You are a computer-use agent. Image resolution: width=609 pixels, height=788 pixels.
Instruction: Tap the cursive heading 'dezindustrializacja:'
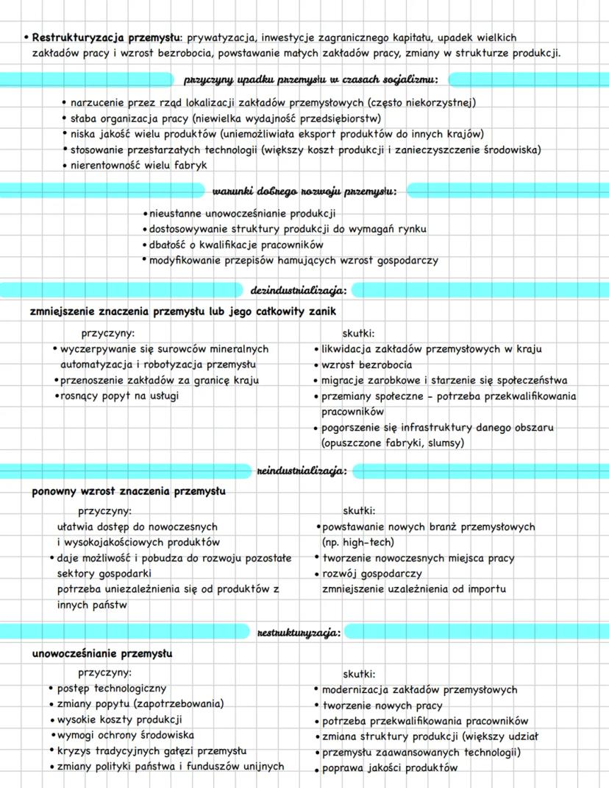coord(299,290)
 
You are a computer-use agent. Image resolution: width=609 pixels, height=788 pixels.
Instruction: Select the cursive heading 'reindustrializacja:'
coord(302,470)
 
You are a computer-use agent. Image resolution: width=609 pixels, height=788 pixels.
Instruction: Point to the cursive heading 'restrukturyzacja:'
coord(298,632)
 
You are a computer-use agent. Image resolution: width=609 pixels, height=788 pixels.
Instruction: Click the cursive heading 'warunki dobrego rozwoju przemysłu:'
coord(304,191)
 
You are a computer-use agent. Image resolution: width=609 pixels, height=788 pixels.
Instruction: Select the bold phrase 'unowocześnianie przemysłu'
coord(102,652)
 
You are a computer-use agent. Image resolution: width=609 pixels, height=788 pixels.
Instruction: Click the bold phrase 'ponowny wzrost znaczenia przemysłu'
coord(129,490)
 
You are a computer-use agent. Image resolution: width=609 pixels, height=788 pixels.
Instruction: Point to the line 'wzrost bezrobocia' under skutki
coord(367,365)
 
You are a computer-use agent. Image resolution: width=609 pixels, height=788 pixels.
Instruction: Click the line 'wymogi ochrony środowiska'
coord(126,735)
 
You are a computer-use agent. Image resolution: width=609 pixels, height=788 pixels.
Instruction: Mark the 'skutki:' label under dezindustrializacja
coord(359,333)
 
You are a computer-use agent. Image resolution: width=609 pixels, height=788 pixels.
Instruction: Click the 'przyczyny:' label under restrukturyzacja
coord(105,672)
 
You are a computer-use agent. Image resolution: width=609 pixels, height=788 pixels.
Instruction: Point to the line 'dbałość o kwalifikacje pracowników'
coord(236,245)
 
